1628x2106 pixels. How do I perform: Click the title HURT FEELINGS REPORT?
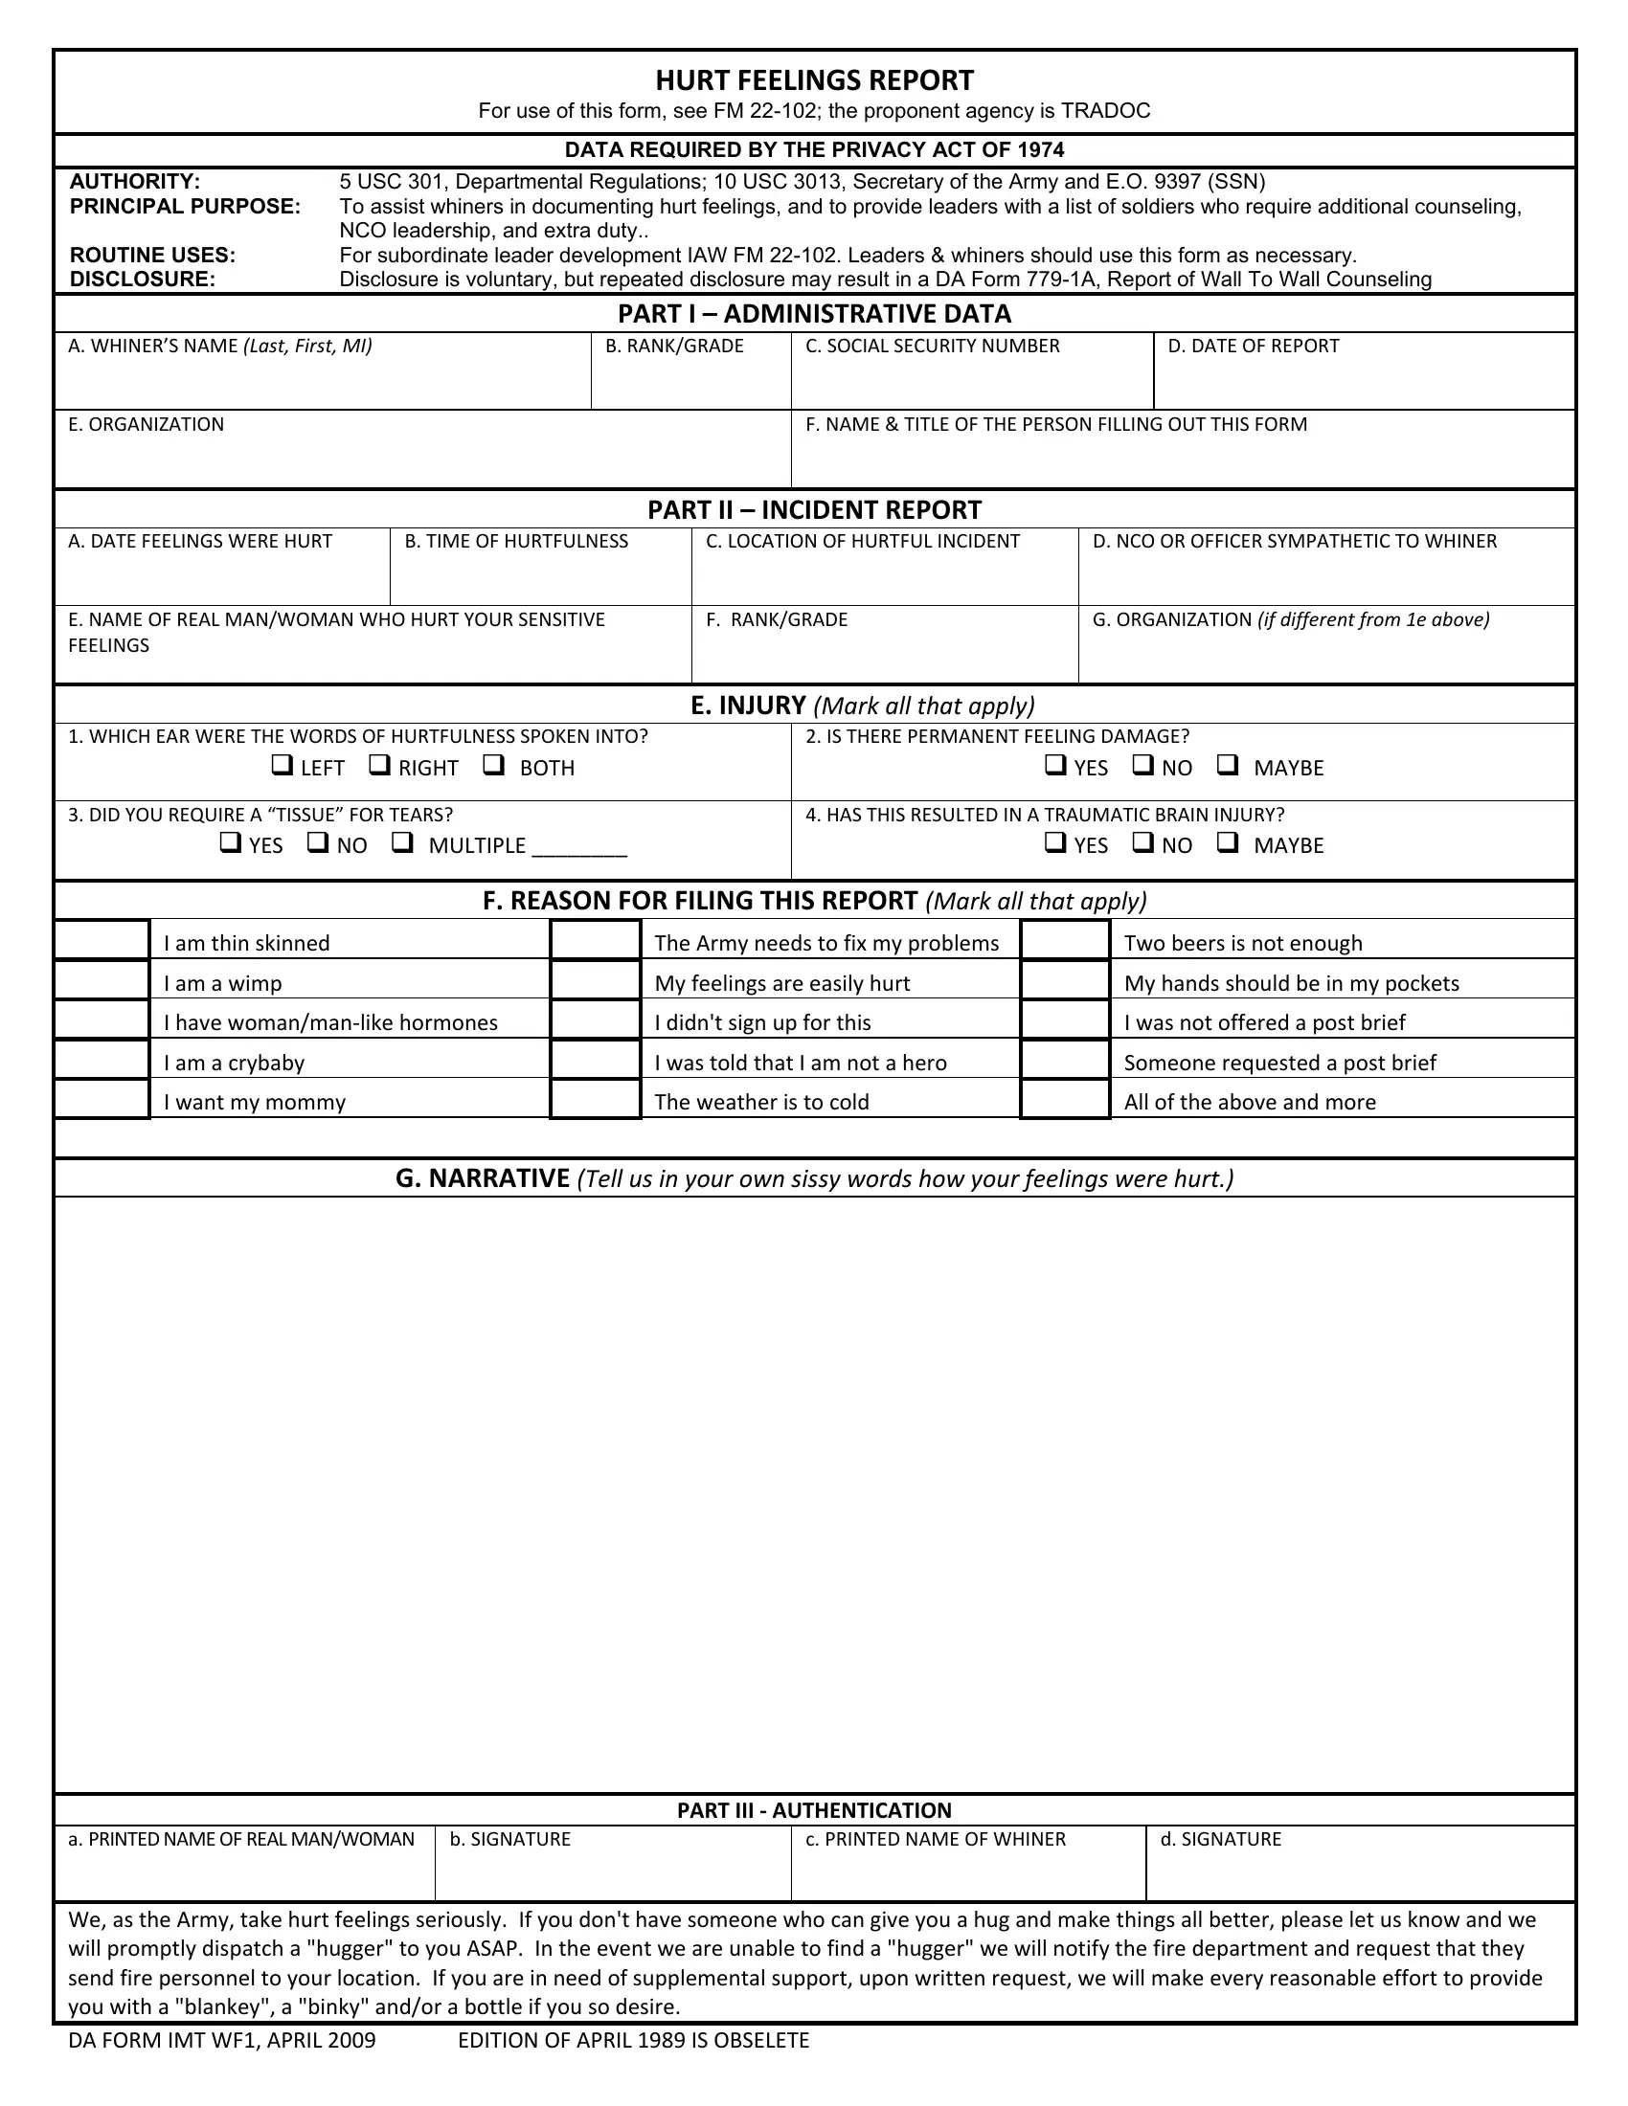814,80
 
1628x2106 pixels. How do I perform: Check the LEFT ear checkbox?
282,766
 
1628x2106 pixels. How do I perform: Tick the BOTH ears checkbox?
494,766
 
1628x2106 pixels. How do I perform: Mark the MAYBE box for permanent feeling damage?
1227,766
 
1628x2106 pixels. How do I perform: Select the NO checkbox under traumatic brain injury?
1142,842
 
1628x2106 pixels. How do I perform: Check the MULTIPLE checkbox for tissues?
402,843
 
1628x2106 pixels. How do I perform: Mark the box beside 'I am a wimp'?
102,981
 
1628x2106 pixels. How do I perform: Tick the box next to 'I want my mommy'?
102,1100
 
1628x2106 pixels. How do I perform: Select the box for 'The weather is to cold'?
595,1100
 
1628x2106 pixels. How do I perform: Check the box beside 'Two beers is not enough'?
1065,941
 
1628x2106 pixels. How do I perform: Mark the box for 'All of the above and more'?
1065,1100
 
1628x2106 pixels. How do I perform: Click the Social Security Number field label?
932,347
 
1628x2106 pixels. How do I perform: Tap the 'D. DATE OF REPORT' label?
1253,347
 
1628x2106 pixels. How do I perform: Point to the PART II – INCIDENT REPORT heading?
814,510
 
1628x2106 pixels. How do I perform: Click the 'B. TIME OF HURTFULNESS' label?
516,542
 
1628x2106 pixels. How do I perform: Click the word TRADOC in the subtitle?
1105,111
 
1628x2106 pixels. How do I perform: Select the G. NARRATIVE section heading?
814,1178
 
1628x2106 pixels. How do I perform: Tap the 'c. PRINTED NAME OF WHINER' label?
935,1840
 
